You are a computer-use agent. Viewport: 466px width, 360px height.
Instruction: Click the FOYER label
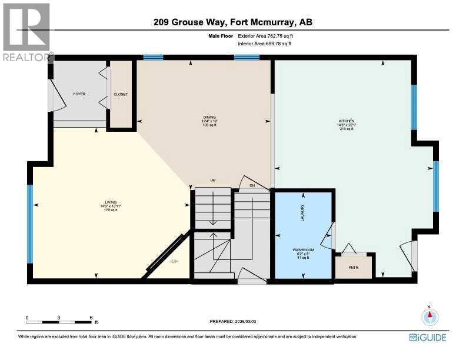(79, 94)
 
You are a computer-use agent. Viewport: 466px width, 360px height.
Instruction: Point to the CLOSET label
(121, 94)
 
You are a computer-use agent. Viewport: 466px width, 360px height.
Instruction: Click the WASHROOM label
(304, 250)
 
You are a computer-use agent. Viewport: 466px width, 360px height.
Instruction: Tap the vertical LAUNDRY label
(302, 212)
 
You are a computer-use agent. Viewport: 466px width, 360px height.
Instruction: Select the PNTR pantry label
(353, 266)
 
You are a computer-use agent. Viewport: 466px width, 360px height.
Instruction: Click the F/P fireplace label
(174, 262)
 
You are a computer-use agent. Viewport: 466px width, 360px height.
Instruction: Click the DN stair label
(252, 186)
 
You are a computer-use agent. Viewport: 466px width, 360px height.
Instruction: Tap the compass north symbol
(430, 316)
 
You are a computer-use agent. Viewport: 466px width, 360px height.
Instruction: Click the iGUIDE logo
(427, 337)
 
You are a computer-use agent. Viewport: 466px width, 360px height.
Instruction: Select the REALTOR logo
(27, 32)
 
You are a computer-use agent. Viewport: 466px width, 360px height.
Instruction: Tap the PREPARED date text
(234, 321)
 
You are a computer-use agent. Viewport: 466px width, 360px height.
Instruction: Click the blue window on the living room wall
(29, 224)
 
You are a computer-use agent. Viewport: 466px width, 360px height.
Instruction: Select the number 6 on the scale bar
(91, 317)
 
